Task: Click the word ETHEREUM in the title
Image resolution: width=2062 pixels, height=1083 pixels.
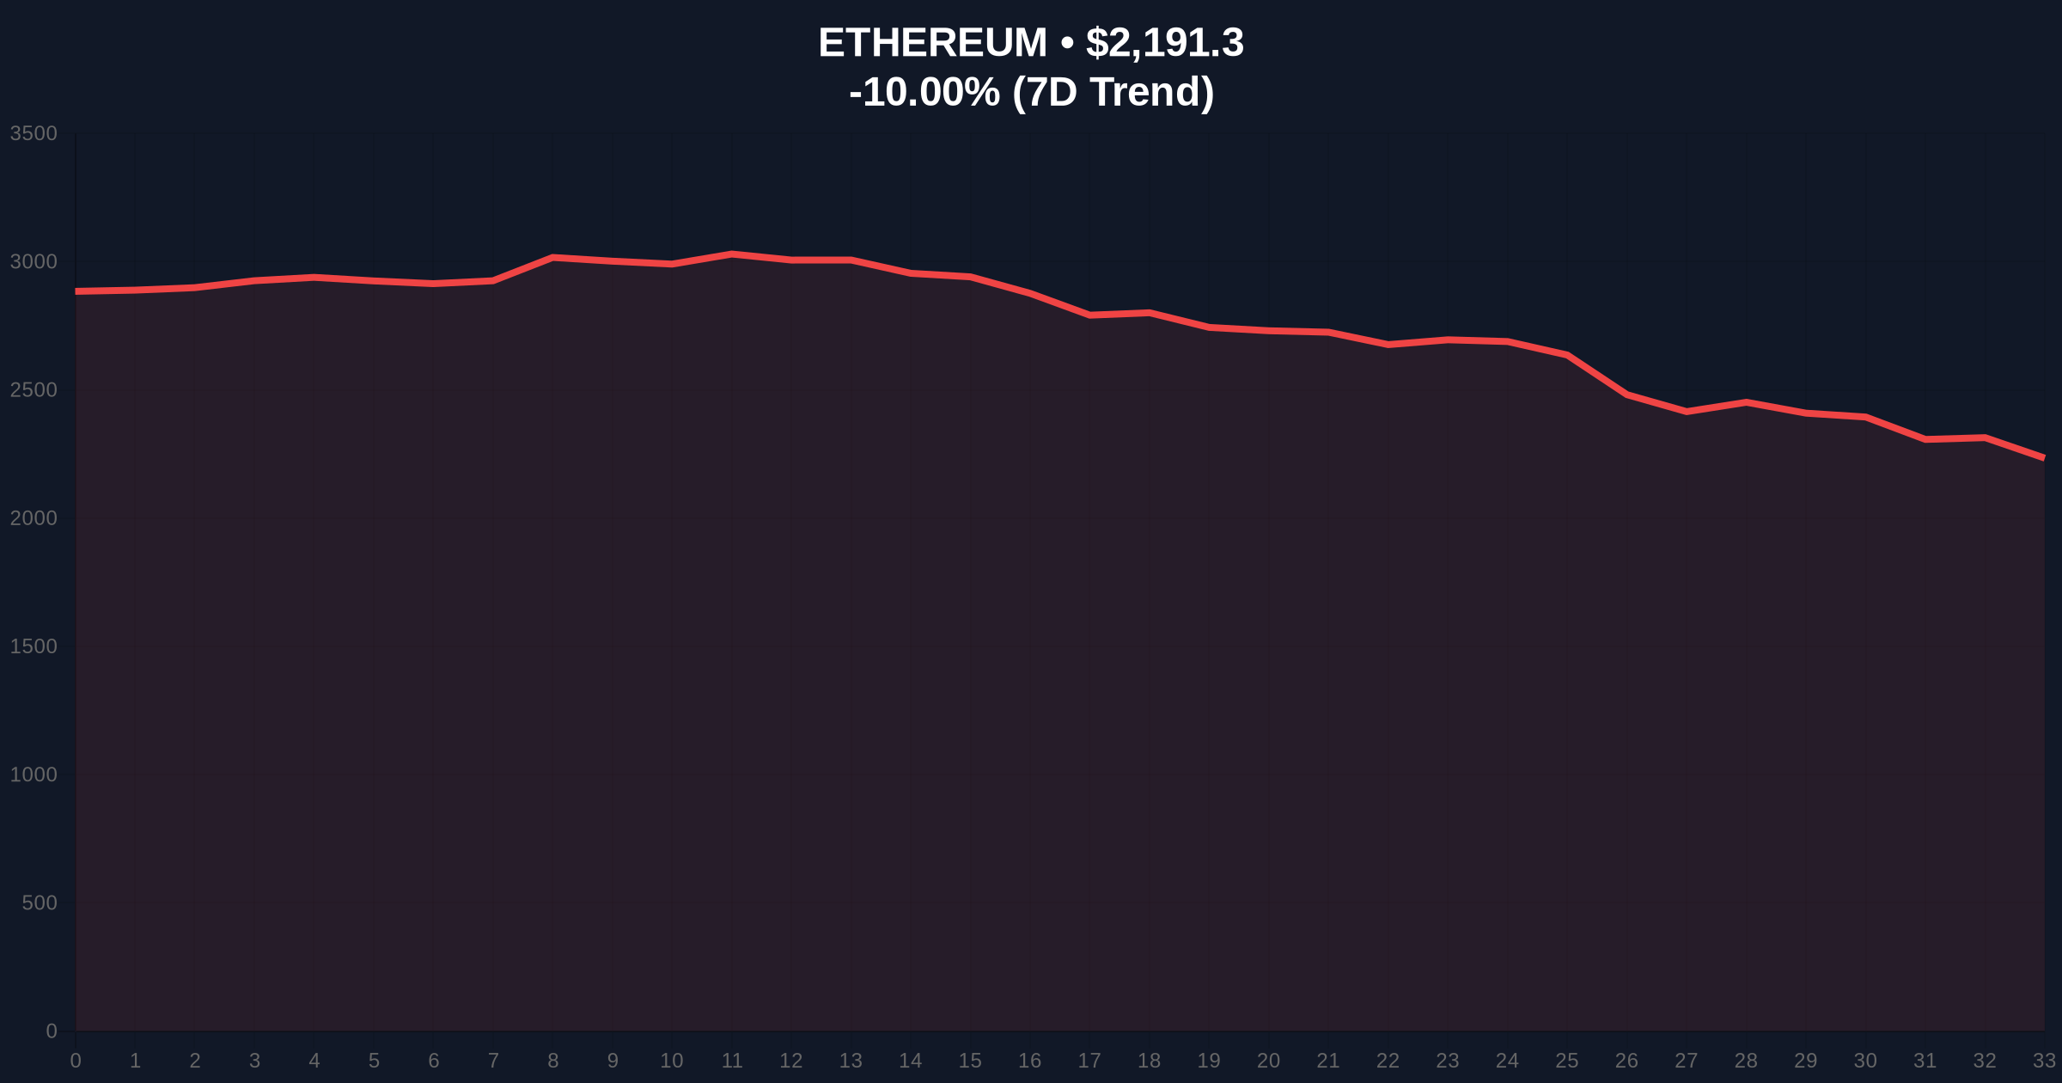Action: coord(932,43)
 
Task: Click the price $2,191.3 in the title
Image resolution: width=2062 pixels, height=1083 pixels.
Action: coord(1164,43)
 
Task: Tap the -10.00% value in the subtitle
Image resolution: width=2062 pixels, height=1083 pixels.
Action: coord(924,92)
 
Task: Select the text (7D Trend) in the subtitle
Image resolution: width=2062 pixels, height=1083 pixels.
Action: coord(1113,92)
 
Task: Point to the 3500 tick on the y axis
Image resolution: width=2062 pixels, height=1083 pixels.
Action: coord(34,134)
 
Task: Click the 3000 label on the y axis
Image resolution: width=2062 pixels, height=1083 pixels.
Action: coord(34,262)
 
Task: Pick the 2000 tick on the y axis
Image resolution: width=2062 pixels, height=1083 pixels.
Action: coord(34,518)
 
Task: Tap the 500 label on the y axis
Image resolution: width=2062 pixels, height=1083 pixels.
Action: coord(40,903)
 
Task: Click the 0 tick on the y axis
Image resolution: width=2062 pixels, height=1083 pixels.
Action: coord(52,1031)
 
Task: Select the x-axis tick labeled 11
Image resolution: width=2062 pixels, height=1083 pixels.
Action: coord(732,1061)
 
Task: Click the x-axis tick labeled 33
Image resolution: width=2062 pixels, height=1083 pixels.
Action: coord(2044,1061)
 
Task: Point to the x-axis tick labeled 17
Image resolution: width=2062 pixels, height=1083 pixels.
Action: coord(1089,1061)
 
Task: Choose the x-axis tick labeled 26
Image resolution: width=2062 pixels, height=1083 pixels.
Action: coord(1626,1061)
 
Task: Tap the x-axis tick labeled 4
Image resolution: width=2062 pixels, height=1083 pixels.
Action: coord(314,1061)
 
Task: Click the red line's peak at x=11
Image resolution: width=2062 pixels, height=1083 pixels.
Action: coord(732,254)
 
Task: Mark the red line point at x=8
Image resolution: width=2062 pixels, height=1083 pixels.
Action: coord(552,257)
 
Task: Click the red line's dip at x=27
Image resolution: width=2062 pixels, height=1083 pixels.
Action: coord(1687,412)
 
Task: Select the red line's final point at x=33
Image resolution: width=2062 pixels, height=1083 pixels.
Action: coord(2043,458)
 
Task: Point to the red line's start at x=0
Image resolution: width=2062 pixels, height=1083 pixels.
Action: coord(76,291)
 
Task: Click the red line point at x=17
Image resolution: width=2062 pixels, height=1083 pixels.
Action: coord(1089,315)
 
